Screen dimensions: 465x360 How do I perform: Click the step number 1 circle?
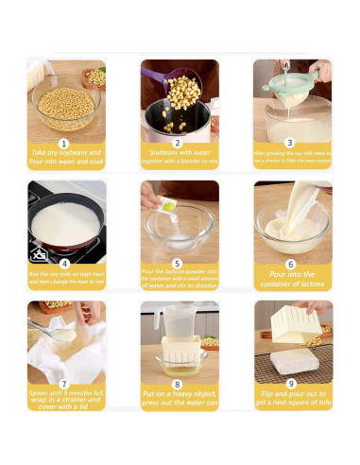[x=64, y=143]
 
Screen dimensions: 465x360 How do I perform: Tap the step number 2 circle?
[x=179, y=143]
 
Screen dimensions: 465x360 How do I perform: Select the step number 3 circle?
[x=292, y=143]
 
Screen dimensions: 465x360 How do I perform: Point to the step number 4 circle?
[x=64, y=264]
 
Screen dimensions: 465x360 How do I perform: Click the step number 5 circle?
[x=179, y=264]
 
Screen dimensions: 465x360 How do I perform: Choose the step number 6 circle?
[x=292, y=264]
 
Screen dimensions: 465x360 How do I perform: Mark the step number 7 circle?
[x=64, y=384]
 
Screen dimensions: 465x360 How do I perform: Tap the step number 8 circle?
[x=179, y=384]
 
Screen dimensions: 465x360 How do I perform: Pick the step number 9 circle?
[x=292, y=384]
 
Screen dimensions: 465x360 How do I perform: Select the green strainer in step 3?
[x=288, y=83]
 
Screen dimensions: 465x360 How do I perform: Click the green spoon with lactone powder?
[x=168, y=203]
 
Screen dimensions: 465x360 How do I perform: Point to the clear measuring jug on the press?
[x=177, y=327]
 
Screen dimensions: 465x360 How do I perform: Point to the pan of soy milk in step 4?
[x=64, y=225]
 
